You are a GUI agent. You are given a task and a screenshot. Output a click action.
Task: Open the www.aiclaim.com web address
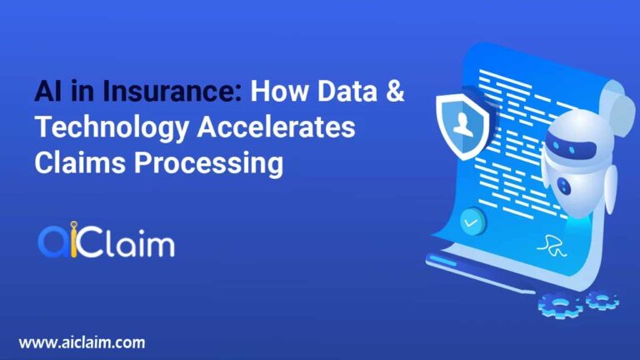tap(82, 342)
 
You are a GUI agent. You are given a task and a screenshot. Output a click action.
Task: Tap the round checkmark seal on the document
tap(473, 222)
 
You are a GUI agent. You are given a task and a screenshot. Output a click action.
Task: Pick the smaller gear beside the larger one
tap(601, 298)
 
